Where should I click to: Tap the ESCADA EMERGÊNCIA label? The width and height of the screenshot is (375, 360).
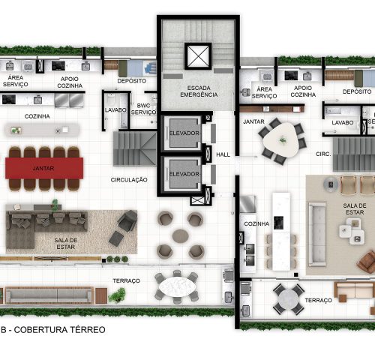[x=198, y=91]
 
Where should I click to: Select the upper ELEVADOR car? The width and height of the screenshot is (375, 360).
[x=183, y=133]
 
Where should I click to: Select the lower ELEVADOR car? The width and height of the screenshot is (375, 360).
[x=183, y=173]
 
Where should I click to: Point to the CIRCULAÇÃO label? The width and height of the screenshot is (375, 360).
[x=128, y=181]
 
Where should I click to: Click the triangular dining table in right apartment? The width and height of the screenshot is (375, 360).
[x=281, y=139]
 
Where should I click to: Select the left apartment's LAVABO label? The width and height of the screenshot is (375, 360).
[x=115, y=109]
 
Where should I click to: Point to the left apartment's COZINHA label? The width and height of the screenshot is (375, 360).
[x=37, y=116]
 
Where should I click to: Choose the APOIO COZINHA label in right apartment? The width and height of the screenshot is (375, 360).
[x=302, y=91]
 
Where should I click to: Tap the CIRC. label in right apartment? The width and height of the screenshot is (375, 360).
[x=323, y=154]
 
